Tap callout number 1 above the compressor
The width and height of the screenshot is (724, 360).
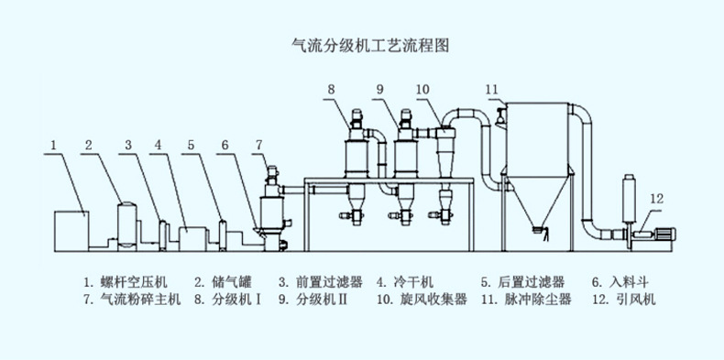[54, 145]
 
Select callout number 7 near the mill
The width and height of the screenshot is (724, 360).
[258, 145]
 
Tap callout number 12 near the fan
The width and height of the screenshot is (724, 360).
[656, 198]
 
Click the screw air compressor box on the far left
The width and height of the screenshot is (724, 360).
[71, 230]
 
